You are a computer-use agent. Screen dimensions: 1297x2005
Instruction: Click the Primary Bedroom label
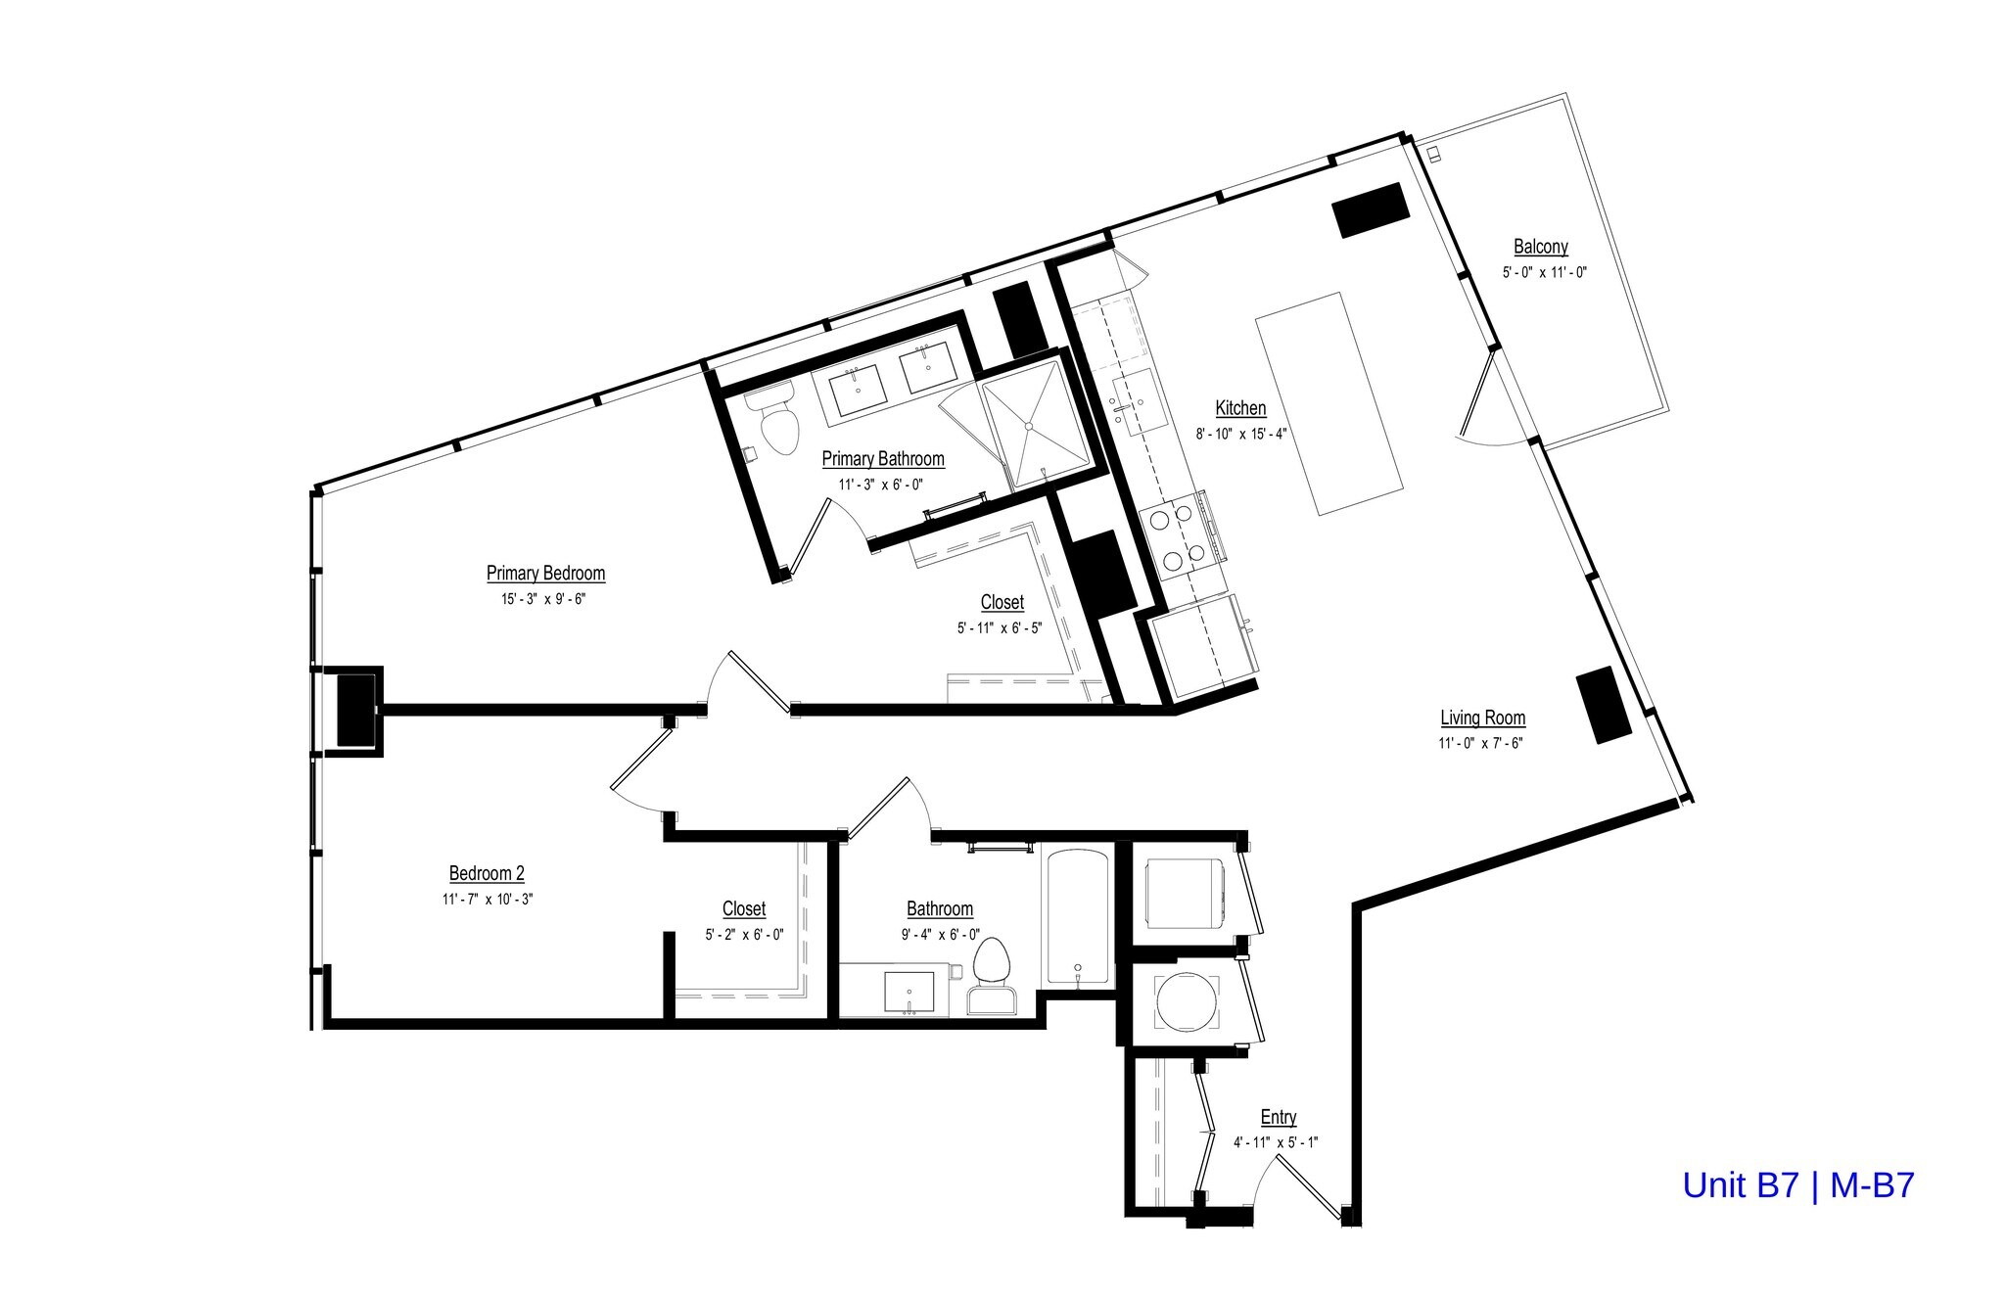(545, 574)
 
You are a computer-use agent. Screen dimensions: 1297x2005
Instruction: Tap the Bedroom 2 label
(487, 873)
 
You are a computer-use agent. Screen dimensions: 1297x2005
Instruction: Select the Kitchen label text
(1240, 408)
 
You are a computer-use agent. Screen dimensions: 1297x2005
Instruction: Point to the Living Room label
(1482, 718)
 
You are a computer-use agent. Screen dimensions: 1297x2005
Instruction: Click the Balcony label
(1540, 247)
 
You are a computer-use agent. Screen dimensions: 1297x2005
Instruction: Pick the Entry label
(1278, 1117)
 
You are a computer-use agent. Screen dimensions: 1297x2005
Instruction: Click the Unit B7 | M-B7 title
(1797, 1185)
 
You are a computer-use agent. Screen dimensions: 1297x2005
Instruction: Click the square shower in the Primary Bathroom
(1035, 424)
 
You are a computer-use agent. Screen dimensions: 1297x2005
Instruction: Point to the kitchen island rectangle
(1329, 403)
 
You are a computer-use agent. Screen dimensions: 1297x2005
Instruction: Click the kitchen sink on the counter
(1141, 402)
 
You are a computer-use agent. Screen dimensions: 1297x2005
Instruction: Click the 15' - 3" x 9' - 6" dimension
(543, 599)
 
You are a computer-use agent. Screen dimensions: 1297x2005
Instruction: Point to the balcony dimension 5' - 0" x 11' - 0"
(1544, 273)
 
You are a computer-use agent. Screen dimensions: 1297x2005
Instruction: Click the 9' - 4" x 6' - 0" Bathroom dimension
(940, 935)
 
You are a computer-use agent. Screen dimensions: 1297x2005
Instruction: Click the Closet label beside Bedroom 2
(744, 909)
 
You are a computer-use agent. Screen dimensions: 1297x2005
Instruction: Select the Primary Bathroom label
(882, 459)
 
